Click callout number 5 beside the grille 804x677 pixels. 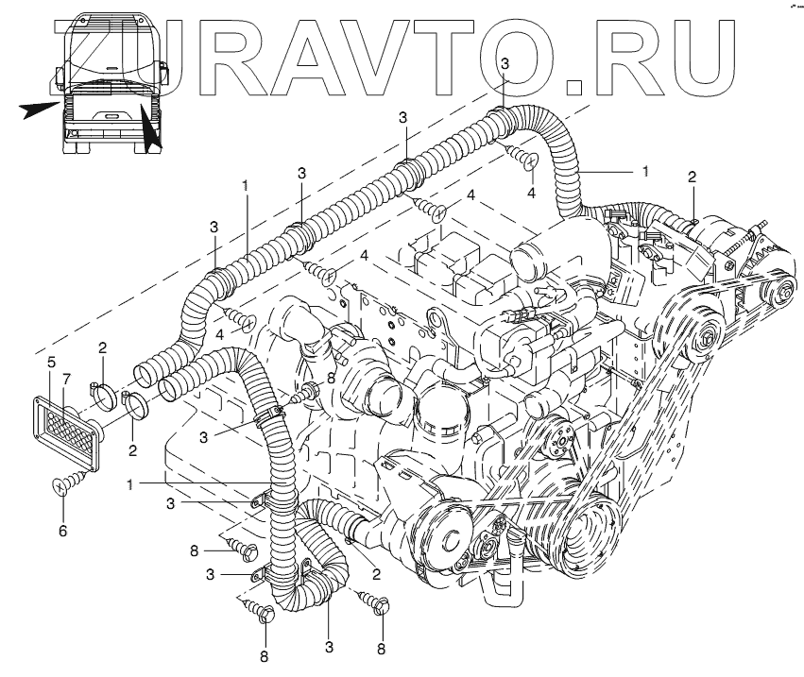51,362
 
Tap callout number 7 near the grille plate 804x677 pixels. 65,380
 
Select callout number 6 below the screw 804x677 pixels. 63,532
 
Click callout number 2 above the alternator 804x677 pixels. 692,177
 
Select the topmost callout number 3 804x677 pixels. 505,62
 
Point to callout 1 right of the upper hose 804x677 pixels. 645,171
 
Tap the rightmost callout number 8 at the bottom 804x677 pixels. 382,649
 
